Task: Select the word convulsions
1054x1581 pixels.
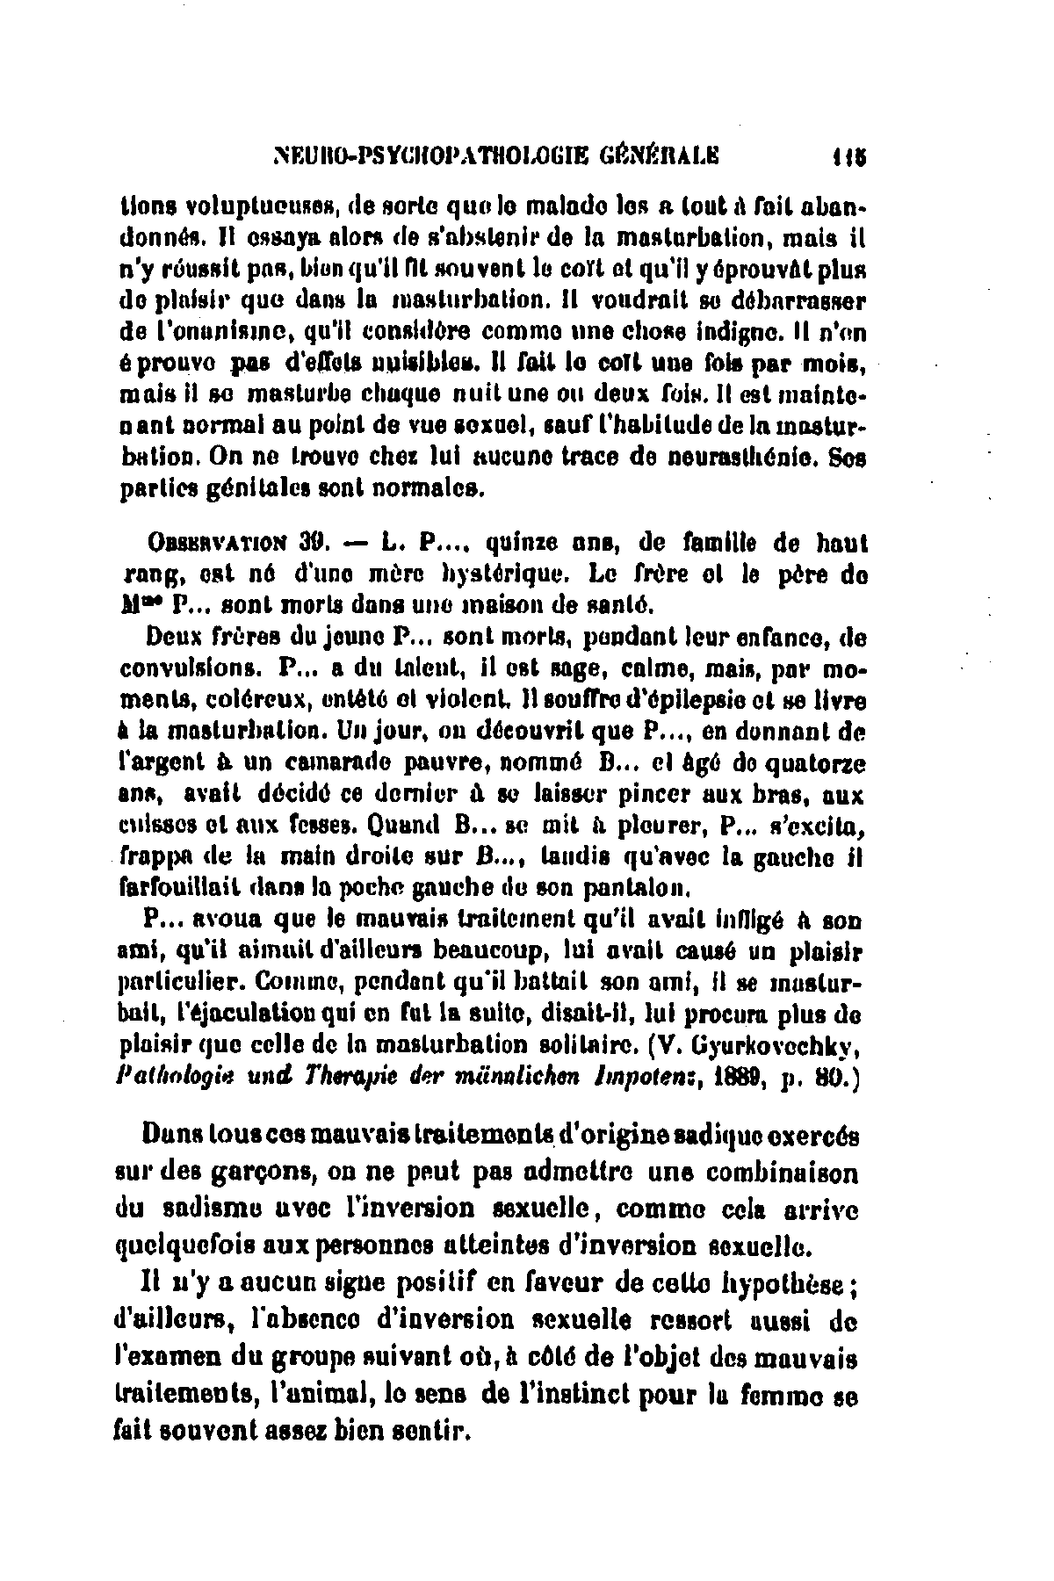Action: point(191,666)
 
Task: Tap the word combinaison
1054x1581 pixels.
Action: point(779,1173)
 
